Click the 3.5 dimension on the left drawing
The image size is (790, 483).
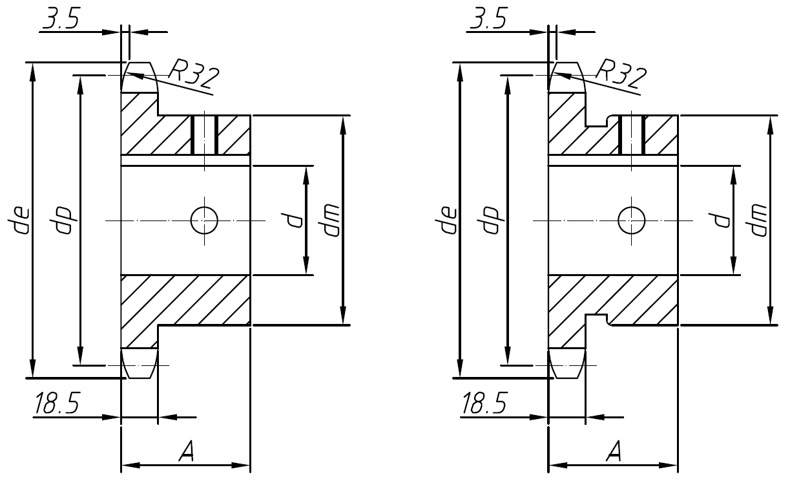coord(60,19)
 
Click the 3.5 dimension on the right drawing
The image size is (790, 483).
coord(487,19)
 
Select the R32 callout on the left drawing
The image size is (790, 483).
coord(193,72)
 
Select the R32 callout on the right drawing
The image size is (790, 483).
coord(620,72)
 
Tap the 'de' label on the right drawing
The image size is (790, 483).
coord(450,220)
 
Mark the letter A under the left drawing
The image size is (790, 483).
coord(186,452)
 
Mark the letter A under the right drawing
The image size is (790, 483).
coord(614,452)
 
